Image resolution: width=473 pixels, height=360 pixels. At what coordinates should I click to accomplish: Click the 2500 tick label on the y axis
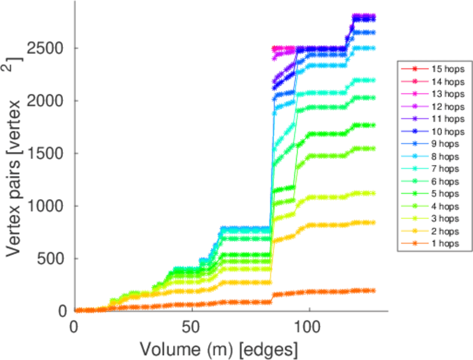49,48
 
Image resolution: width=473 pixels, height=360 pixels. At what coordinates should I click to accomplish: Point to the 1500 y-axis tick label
49,153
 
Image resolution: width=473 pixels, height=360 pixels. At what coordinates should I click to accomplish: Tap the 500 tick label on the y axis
54,259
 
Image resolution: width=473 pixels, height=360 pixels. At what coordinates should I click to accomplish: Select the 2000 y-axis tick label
49,100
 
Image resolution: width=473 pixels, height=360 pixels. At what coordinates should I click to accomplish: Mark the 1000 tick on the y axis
49,206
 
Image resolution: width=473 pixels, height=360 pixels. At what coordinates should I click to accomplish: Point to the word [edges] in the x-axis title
270,348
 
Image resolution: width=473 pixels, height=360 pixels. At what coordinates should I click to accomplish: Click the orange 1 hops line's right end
373,290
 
